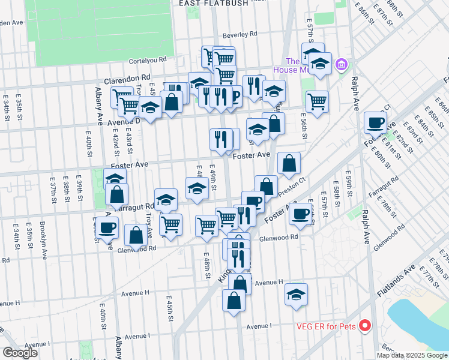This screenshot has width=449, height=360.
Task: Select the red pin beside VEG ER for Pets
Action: pyautogui.click(x=365, y=326)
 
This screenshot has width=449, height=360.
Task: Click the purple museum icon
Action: pyautogui.click(x=341, y=64)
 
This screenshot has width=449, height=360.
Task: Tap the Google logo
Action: pyautogui.click(x=20, y=352)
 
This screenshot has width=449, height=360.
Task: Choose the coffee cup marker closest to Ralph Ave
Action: pyautogui.click(x=376, y=122)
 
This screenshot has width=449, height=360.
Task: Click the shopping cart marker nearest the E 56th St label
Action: pyautogui.click(x=317, y=101)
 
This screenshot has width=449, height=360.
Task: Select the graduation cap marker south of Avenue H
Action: pyautogui.click(x=296, y=294)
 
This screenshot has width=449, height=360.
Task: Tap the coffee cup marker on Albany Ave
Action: pyautogui.click(x=107, y=228)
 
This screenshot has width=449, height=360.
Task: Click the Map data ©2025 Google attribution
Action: pyautogui.click(x=412, y=355)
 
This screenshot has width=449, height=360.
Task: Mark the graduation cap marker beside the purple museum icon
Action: pyautogui.click(x=321, y=64)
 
